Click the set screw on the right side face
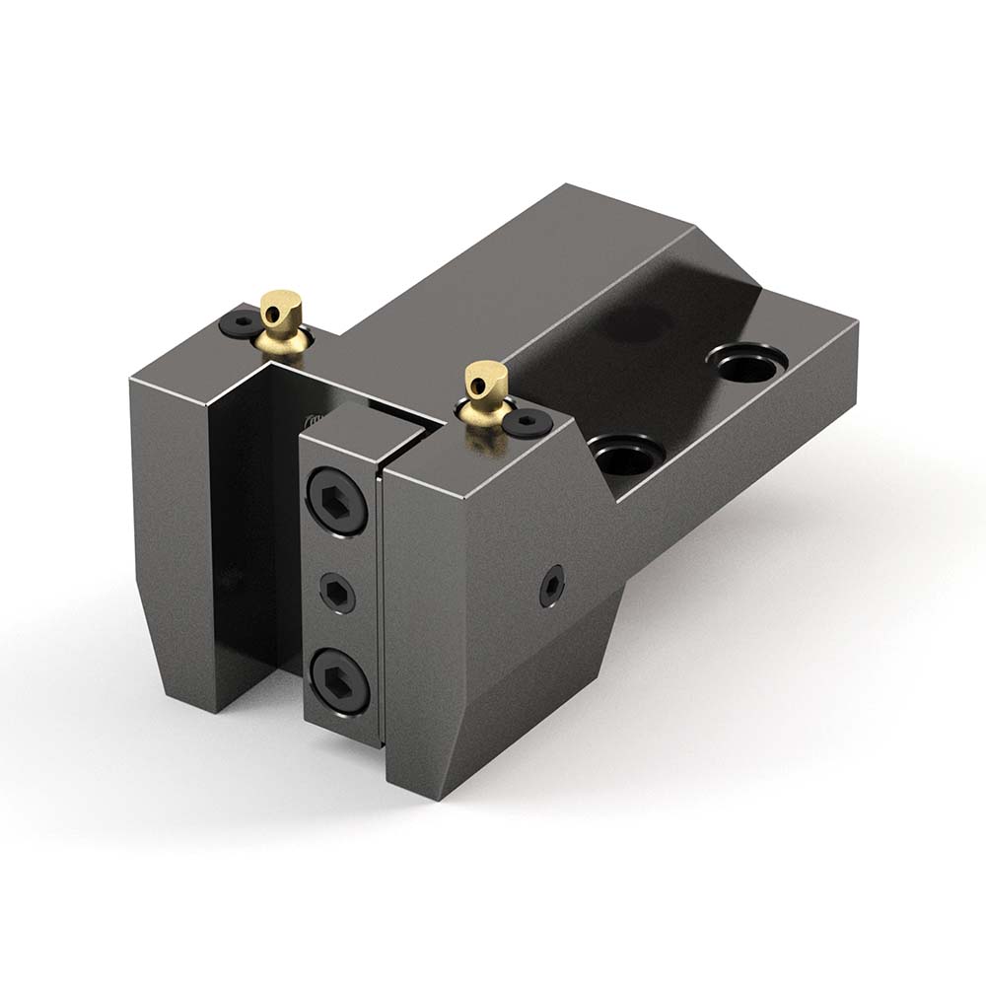550,586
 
